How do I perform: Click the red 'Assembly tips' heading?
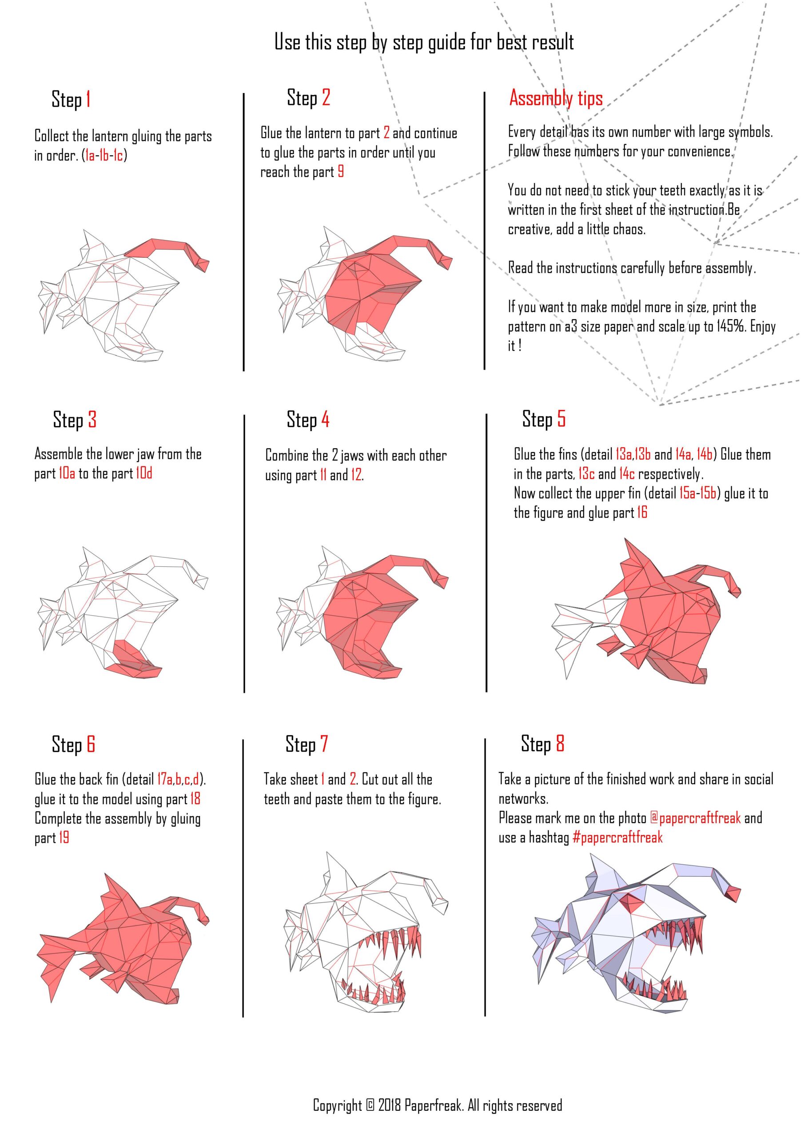pos(556,99)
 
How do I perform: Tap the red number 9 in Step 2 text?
pos(341,172)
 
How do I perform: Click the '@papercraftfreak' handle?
pos(695,818)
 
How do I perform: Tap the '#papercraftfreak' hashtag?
pos(617,837)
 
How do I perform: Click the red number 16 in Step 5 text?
pos(642,512)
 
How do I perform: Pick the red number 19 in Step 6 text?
pos(64,837)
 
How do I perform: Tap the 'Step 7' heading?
pos(306,745)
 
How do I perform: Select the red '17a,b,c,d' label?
pos(178,779)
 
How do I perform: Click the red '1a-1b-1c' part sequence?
pos(104,156)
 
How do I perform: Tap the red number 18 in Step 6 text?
pos(195,798)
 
